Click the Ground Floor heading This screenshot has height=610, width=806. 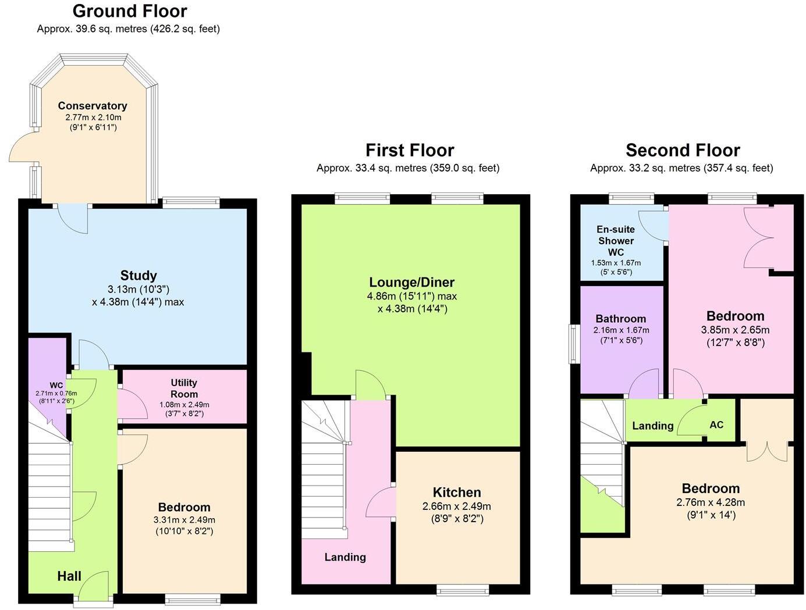click(x=130, y=11)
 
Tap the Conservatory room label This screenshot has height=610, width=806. click(x=93, y=106)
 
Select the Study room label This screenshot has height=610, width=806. click(x=139, y=275)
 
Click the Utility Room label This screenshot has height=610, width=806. click(x=184, y=388)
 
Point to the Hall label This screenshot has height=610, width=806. click(x=69, y=576)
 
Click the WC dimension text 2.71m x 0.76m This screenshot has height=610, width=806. click(x=56, y=393)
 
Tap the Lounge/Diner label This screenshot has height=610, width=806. click(x=411, y=282)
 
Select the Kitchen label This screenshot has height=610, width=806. click(x=457, y=492)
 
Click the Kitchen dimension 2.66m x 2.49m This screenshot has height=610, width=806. click(x=456, y=506)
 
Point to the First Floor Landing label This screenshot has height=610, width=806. click(x=345, y=557)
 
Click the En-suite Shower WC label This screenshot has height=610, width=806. click(x=616, y=241)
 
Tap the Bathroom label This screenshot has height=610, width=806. click(x=620, y=319)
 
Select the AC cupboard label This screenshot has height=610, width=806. click(x=716, y=424)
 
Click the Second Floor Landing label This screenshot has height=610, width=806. click(x=652, y=426)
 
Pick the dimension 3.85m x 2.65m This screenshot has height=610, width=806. click(x=735, y=330)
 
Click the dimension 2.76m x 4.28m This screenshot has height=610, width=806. click(x=711, y=502)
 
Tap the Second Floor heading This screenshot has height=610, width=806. click(x=683, y=150)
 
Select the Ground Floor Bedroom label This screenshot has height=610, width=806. click(x=184, y=507)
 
